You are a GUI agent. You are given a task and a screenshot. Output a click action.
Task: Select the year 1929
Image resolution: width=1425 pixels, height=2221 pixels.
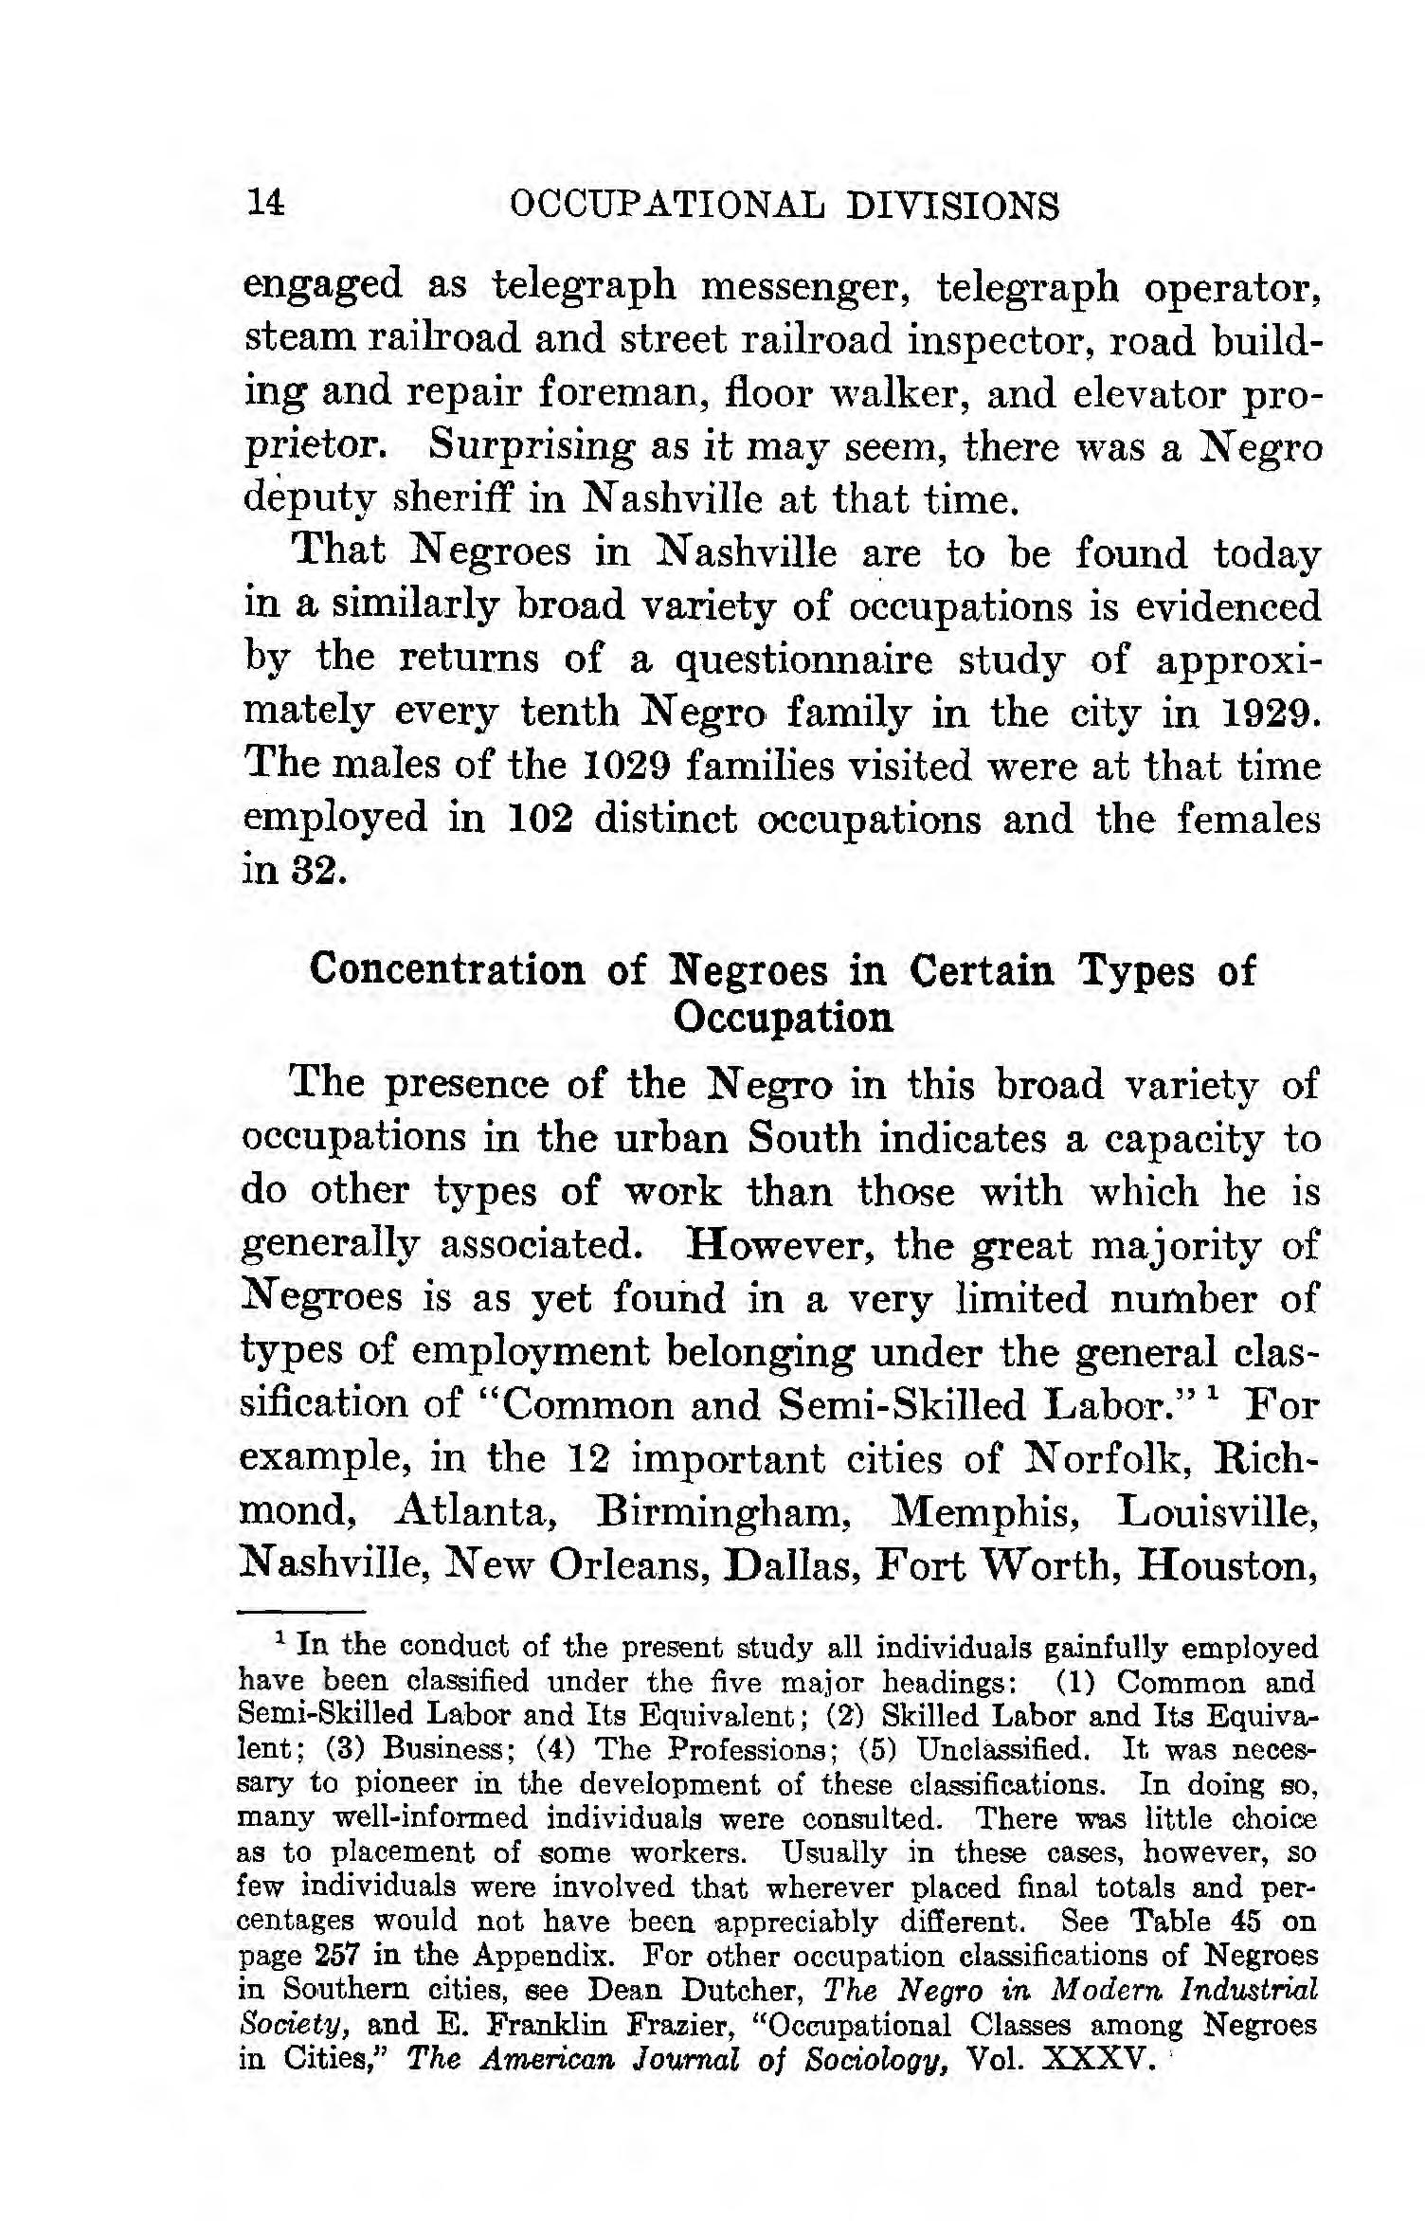1266,712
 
